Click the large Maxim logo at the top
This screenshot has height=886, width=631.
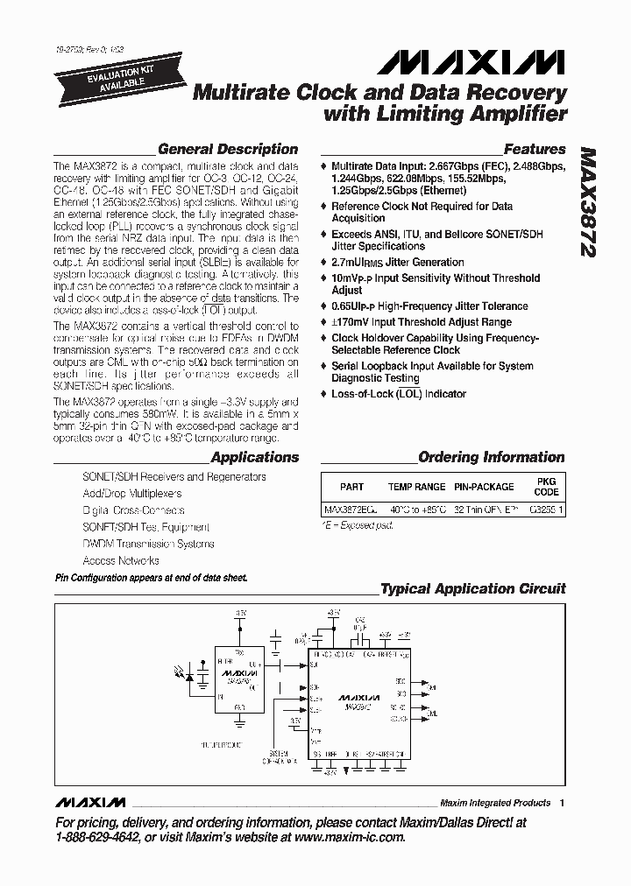tap(472, 64)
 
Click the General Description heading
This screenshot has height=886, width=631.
tap(227, 149)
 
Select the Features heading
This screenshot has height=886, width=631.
tap(534, 149)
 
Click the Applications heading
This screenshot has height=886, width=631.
tap(255, 457)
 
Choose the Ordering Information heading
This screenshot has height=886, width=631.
tap(491, 457)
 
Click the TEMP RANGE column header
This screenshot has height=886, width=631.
tap(417, 487)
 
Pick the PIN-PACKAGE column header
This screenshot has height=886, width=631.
tap(484, 487)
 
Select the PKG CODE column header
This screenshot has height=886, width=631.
tap(545, 487)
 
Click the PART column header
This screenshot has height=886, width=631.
tap(351, 487)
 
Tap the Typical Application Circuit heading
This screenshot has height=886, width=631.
tap(472, 589)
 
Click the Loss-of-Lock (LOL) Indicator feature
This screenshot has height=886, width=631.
tap(399, 394)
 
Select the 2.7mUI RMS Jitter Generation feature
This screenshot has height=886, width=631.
tap(397, 262)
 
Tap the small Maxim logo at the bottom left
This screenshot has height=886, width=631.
tap(90, 803)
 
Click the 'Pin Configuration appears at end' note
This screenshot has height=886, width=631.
tap(151, 579)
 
